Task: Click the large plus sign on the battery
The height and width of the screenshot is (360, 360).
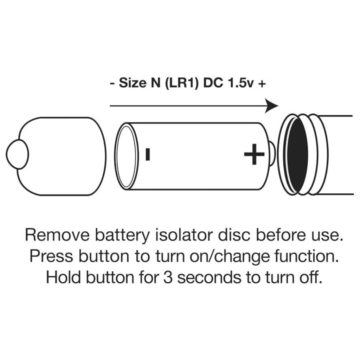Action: coord(254,154)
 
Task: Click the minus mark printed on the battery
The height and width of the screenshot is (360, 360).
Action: coord(148,154)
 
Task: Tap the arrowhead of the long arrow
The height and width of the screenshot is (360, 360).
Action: coord(272,106)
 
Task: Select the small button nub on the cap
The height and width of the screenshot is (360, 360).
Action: coord(17,154)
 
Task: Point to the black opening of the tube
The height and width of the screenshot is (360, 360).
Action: coord(297,155)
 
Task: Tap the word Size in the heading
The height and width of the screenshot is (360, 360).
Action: coord(133,83)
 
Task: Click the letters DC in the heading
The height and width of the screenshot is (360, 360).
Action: coord(213,83)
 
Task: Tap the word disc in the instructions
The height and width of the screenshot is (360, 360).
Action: coord(234,235)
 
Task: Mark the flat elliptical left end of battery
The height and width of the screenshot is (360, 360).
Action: coord(126,156)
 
